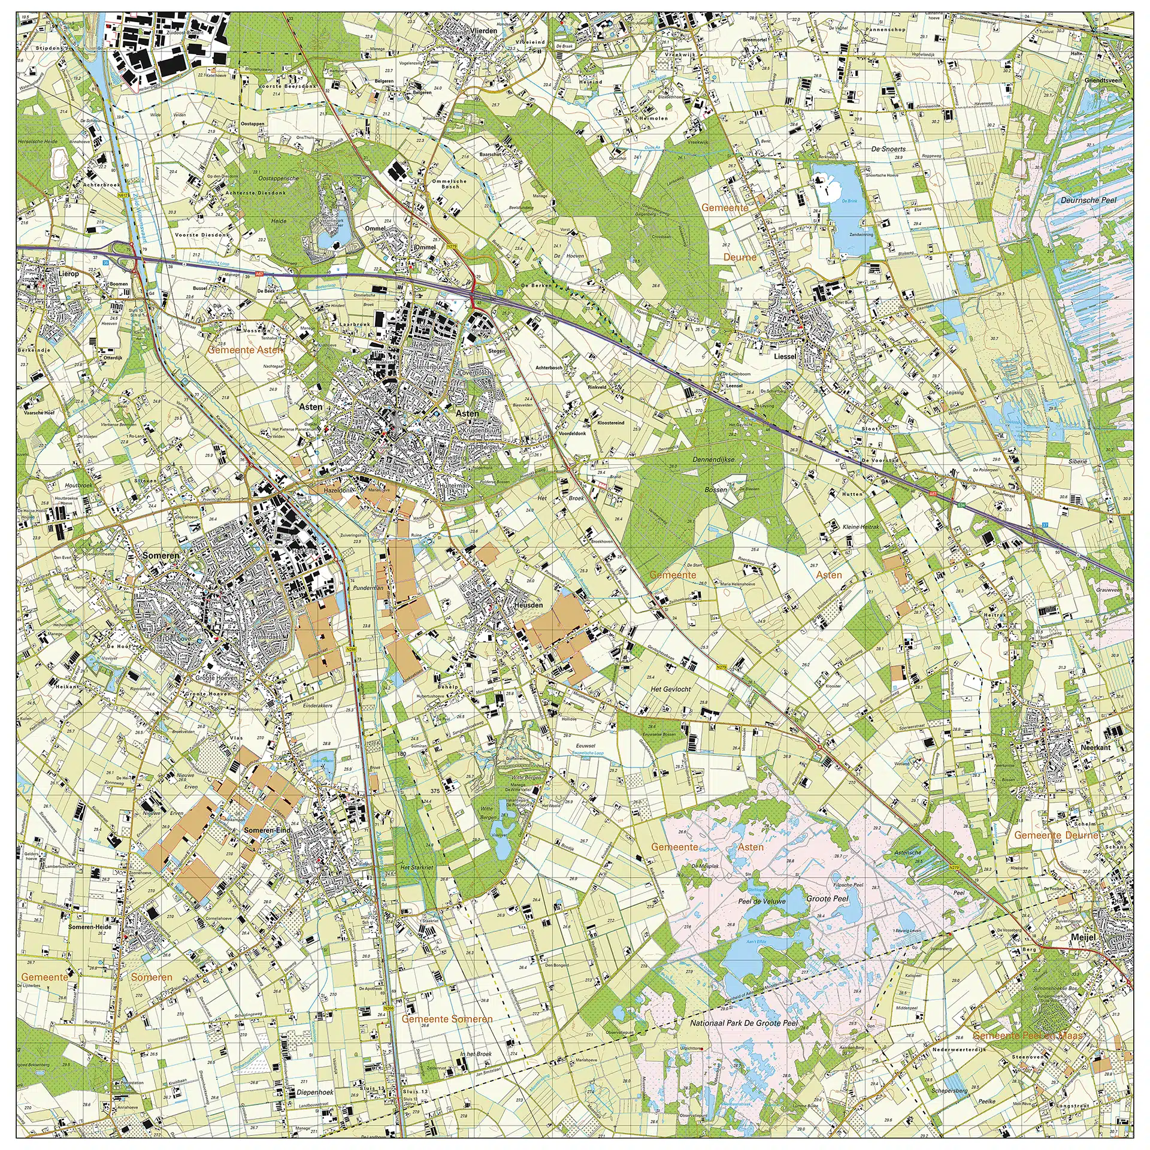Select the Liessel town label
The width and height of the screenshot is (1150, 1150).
pyautogui.click(x=785, y=356)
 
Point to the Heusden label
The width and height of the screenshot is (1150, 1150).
pyautogui.click(x=528, y=605)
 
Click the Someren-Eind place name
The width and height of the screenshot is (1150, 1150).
pyautogui.click(x=267, y=831)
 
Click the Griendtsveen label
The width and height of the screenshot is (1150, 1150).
pyautogui.click(x=1102, y=80)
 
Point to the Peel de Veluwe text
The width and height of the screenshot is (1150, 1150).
pyautogui.click(x=761, y=901)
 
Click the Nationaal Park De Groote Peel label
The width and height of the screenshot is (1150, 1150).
pyautogui.click(x=744, y=1023)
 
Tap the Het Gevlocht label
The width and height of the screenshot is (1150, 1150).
pyautogui.click(x=670, y=689)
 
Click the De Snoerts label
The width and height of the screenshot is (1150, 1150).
pyautogui.click(x=888, y=149)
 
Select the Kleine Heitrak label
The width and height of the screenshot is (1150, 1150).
pyautogui.click(x=861, y=527)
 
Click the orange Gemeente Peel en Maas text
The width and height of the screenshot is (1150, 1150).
pyautogui.click(x=1028, y=1036)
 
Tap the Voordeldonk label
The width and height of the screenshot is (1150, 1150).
pyautogui.click(x=571, y=434)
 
